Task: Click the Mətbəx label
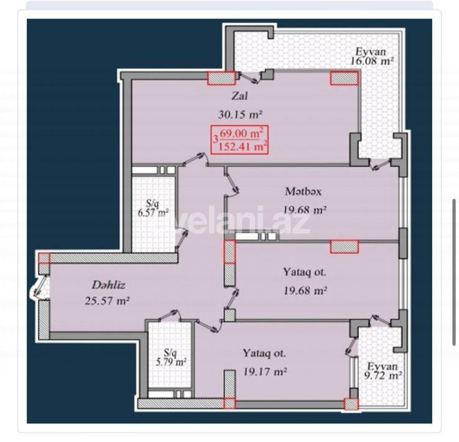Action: pyautogui.click(x=303, y=191)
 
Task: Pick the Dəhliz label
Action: pyautogui.click(x=109, y=285)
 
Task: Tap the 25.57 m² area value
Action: pyautogui.click(x=108, y=302)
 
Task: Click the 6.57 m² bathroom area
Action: pyautogui.click(x=153, y=212)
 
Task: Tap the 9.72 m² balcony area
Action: pyautogui.click(x=383, y=376)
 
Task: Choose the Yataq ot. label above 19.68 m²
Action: pyautogui.click(x=305, y=272)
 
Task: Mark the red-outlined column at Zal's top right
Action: pyautogui.click(x=344, y=78)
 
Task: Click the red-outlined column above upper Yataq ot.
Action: pyautogui.click(x=344, y=246)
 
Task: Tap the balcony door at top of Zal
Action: pyautogui.click(x=253, y=77)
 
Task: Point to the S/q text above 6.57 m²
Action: pyautogui.click(x=152, y=202)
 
